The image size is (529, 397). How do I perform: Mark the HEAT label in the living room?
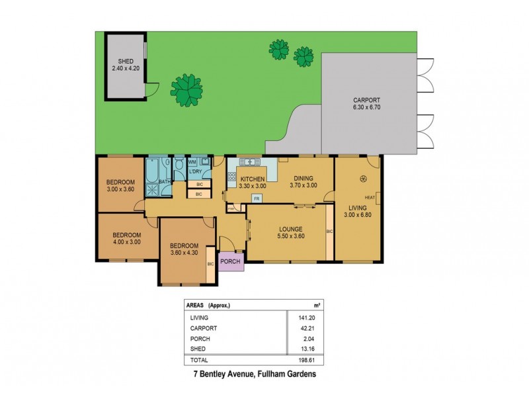coord(370,198)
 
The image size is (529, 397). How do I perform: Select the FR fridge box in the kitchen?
coord(255,198)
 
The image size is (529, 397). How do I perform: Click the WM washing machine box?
coord(192,161)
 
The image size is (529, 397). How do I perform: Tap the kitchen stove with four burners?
coord(232,177)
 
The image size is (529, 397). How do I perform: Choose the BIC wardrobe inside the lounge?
coord(329,232)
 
